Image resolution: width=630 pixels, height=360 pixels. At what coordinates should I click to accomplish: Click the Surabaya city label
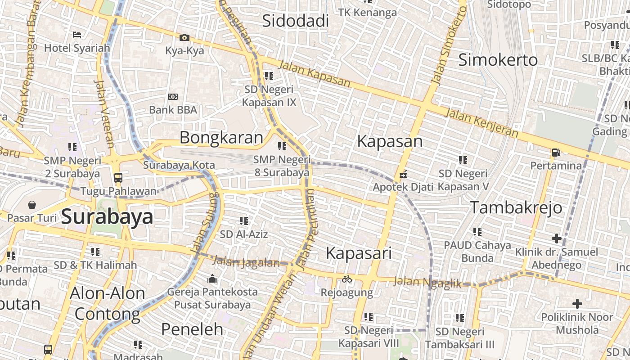click(x=107, y=217)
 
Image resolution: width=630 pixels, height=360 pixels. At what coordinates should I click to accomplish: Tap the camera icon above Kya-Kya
click(x=184, y=38)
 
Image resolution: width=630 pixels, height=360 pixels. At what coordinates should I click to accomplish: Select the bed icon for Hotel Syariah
click(x=77, y=34)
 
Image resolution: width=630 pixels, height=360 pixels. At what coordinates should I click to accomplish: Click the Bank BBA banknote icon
click(x=173, y=97)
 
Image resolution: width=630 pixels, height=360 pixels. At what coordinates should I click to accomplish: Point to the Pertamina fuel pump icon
click(x=556, y=153)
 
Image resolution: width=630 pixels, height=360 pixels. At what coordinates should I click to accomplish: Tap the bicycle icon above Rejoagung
click(x=346, y=279)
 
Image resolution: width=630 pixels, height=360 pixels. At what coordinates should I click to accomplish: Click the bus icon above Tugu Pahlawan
click(x=118, y=178)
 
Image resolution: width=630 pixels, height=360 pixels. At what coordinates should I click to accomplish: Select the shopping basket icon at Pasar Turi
click(x=32, y=205)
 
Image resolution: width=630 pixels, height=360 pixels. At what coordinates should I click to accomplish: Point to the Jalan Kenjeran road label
click(x=481, y=122)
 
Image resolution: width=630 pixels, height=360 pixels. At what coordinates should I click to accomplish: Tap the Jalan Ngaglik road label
click(x=427, y=283)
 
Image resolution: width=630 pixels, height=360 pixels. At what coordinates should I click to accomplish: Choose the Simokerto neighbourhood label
click(x=498, y=60)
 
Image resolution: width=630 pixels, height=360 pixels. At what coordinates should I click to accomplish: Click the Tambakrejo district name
click(x=516, y=207)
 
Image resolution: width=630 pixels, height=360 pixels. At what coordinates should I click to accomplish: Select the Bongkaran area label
click(x=221, y=138)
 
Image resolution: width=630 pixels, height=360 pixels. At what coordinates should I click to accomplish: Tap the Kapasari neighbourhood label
click(x=359, y=253)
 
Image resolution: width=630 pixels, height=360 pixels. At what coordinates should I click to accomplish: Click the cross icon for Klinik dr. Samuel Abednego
click(x=557, y=238)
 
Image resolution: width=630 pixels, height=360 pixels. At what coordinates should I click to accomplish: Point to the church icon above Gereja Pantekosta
click(x=212, y=279)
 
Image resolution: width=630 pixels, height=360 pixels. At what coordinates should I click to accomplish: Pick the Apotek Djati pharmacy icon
click(x=403, y=174)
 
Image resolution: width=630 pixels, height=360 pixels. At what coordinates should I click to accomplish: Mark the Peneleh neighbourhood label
click(x=192, y=329)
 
